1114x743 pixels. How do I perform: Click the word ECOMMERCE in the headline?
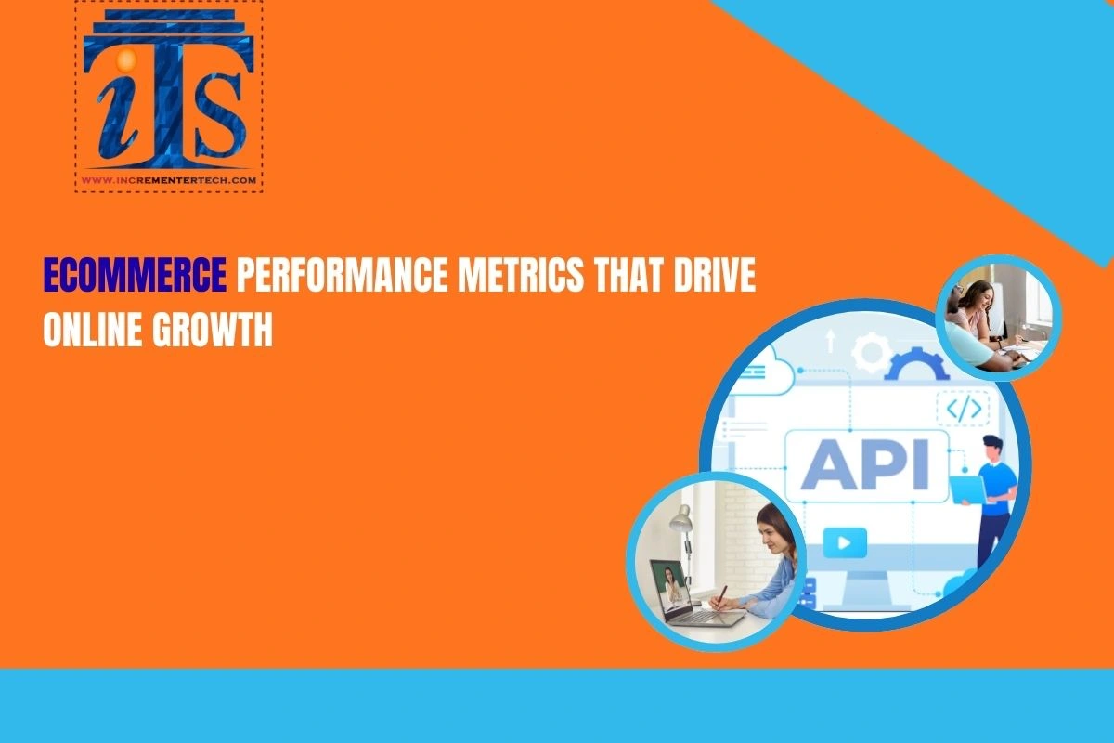point(136,277)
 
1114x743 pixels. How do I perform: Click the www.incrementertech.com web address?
point(169,180)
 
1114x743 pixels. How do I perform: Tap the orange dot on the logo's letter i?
point(127,60)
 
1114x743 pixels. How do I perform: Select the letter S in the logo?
point(216,120)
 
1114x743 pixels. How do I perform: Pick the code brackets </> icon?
point(963,408)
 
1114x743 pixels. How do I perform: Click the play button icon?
point(844,541)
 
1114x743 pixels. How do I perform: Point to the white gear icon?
point(870,353)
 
